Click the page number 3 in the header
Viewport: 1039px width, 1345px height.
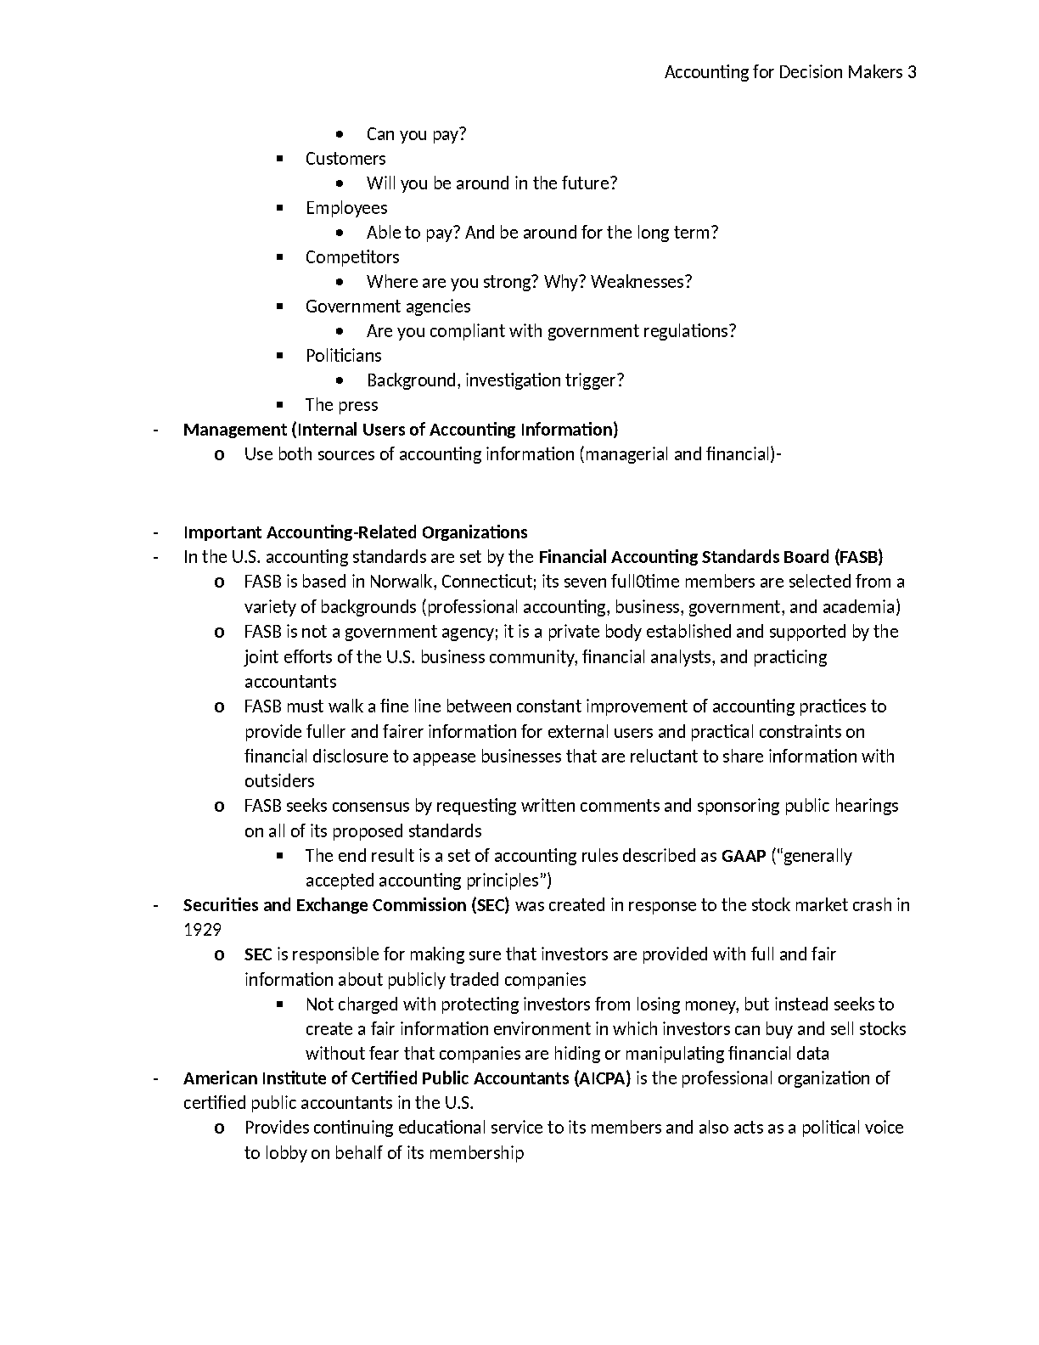pyautogui.click(x=912, y=72)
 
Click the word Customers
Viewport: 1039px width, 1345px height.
pyautogui.click(x=345, y=159)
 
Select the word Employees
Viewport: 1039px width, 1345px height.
pyautogui.click(x=346, y=208)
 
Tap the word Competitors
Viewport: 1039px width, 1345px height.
pyautogui.click(x=352, y=257)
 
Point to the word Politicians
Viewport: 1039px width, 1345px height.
pyautogui.click(x=344, y=356)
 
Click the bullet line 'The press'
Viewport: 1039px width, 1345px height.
pyautogui.click(x=341, y=405)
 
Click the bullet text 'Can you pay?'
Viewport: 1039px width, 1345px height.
pyautogui.click(x=416, y=134)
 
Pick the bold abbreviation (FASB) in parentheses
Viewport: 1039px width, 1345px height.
pyautogui.click(x=858, y=558)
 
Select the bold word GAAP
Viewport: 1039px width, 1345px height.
pyautogui.click(x=744, y=856)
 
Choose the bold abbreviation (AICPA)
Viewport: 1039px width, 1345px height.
pyautogui.click(x=603, y=1078)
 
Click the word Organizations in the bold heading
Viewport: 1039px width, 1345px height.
pyautogui.click(x=475, y=532)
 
